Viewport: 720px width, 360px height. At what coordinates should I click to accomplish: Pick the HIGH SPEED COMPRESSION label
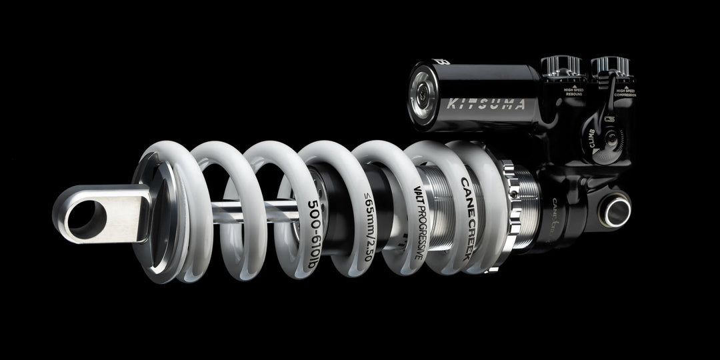click(x=625, y=93)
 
